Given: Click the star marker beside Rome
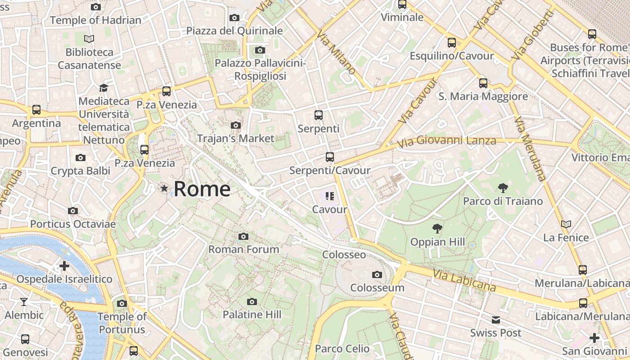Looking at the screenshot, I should pyautogui.click(x=164, y=189).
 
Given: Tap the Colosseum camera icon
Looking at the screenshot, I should pyautogui.click(x=377, y=274).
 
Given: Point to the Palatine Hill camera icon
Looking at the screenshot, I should pyautogui.click(x=252, y=301).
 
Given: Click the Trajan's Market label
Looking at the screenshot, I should pyautogui.click(x=235, y=138).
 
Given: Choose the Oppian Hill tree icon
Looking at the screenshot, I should pyautogui.click(x=436, y=229).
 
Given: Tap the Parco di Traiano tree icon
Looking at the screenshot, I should pyautogui.click(x=503, y=188).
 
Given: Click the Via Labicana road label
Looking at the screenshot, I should pyautogui.click(x=464, y=280).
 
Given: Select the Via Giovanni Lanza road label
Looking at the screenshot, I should pyautogui.click(x=446, y=140).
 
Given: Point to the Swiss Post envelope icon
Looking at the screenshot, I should pyautogui.click(x=495, y=320).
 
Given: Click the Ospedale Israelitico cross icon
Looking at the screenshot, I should pyautogui.click(x=64, y=265).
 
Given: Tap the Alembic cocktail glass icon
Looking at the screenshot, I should pyautogui.click(x=24, y=302).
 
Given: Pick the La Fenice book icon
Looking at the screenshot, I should pyautogui.click(x=566, y=224).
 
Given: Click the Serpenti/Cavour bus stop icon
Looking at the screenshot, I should pyautogui.click(x=330, y=157).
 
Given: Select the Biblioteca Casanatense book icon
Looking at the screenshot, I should pyautogui.click(x=89, y=39).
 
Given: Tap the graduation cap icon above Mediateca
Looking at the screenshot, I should pyautogui.click(x=104, y=88).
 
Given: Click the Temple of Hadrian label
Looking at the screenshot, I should pyautogui.click(x=95, y=20).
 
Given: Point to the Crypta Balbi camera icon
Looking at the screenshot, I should pyautogui.click(x=81, y=157).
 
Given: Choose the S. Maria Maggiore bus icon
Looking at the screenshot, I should pyautogui.click(x=483, y=83).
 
